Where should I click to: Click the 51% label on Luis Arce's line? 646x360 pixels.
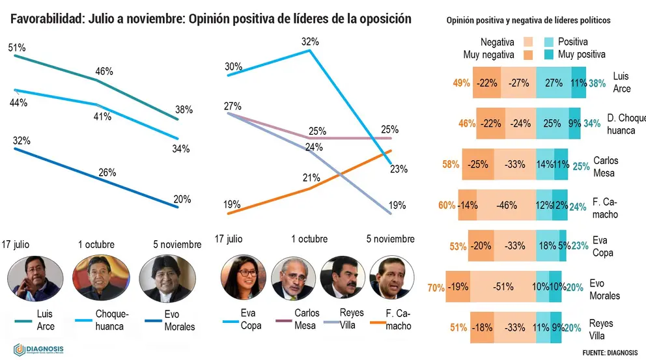pyautogui.click(x=17, y=48)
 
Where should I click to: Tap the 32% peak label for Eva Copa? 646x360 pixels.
pyautogui.click(x=310, y=42)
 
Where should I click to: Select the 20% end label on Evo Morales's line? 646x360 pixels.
pyautogui.click(x=182, y=199)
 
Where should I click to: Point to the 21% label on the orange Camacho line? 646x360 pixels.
pyautogui.click(x=311, y=178)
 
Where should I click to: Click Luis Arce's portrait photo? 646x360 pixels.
pyautogui.click(x=35, y=278)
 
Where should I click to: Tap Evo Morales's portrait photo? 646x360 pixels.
pyautogui.click(x=167, y=279)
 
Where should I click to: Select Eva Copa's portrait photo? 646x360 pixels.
pyautogui.click(x=243, y=277)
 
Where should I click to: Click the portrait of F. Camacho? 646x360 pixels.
pyautogui.click(x=392, y=277)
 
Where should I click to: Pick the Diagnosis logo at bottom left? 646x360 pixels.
pyautogui.click(x=38, y=350)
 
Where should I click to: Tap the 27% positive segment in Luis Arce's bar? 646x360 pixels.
pyautogui.click(x=554, y=83)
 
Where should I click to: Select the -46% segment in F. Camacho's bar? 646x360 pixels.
pyautogui.click(x=507, y=205)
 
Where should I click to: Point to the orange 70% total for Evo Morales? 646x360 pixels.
pyautogui.click(x=436, y=288)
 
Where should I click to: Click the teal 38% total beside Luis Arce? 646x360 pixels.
pyautogui.click(x=597, y=83)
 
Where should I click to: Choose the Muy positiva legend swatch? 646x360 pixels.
pyautogui.click(x=548, y=55)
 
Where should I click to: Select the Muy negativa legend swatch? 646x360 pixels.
pyautogui.click(x=528, y=55)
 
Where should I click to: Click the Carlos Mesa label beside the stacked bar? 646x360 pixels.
pyautogui.click(x=606, y=167)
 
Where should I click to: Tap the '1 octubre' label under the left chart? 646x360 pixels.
pyautogui.click(x=96, y=244)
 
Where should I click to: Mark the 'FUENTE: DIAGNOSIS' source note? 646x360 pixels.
pyautogui.click(x=610, y=353)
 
